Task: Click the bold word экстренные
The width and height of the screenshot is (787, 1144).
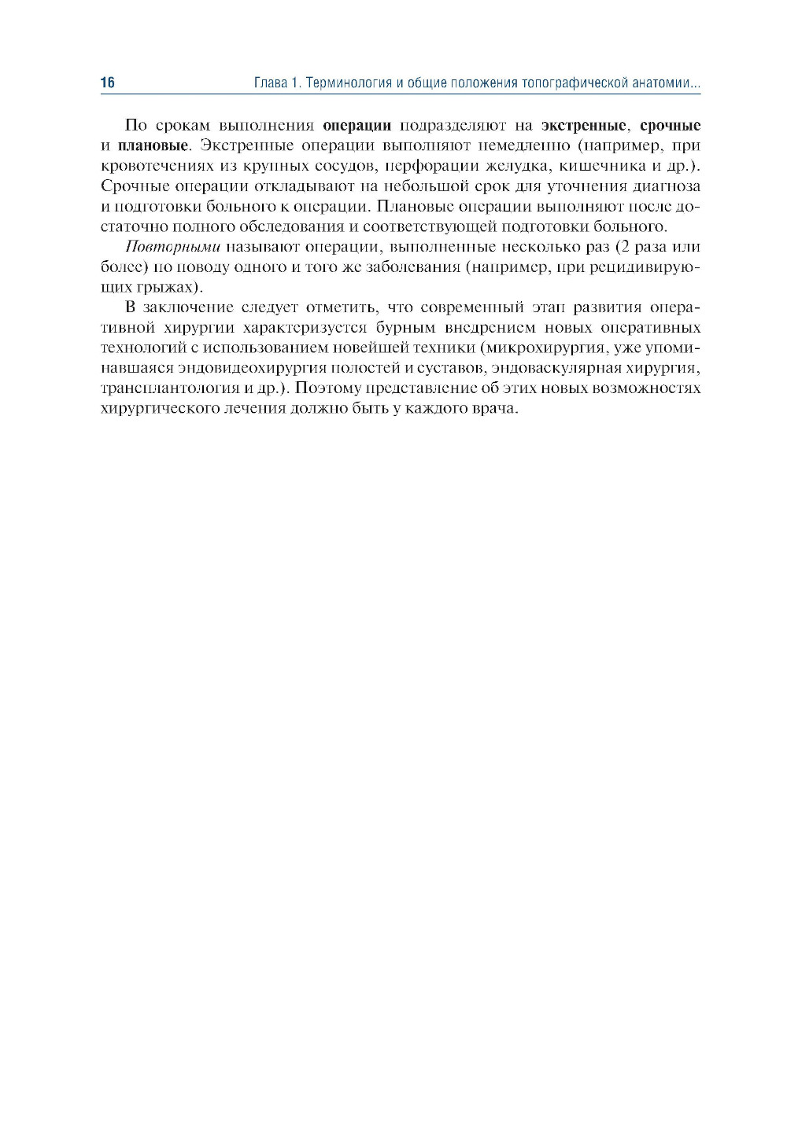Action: click(x=584, y=126)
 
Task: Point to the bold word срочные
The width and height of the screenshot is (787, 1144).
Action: click(x=670, y=126)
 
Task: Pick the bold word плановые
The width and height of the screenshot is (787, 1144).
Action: click(x=153, y=146)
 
